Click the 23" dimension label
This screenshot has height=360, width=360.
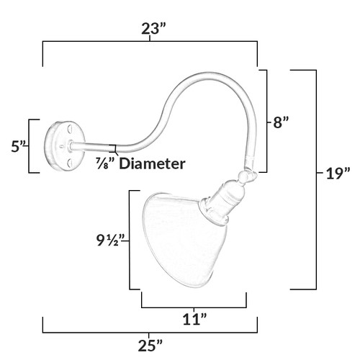click(154, 29)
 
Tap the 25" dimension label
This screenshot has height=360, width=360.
click(150, 346)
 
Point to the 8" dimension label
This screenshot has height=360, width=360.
click(281, 122)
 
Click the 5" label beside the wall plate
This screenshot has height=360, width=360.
click(19, 146)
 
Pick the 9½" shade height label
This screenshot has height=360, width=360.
click(111, 240)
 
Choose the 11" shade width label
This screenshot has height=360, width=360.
click(195, 320)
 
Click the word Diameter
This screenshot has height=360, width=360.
click(153, 163)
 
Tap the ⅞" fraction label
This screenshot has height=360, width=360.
click(106, 163)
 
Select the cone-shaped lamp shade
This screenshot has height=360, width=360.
click(185, 240)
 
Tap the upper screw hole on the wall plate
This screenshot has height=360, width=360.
click(70, 128)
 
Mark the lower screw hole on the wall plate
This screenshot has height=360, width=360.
click(70, 163)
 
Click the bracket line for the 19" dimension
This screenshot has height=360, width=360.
click(316, 179)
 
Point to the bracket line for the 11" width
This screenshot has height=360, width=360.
click(194, 307)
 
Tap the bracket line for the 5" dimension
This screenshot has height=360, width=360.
click(29, 146)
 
